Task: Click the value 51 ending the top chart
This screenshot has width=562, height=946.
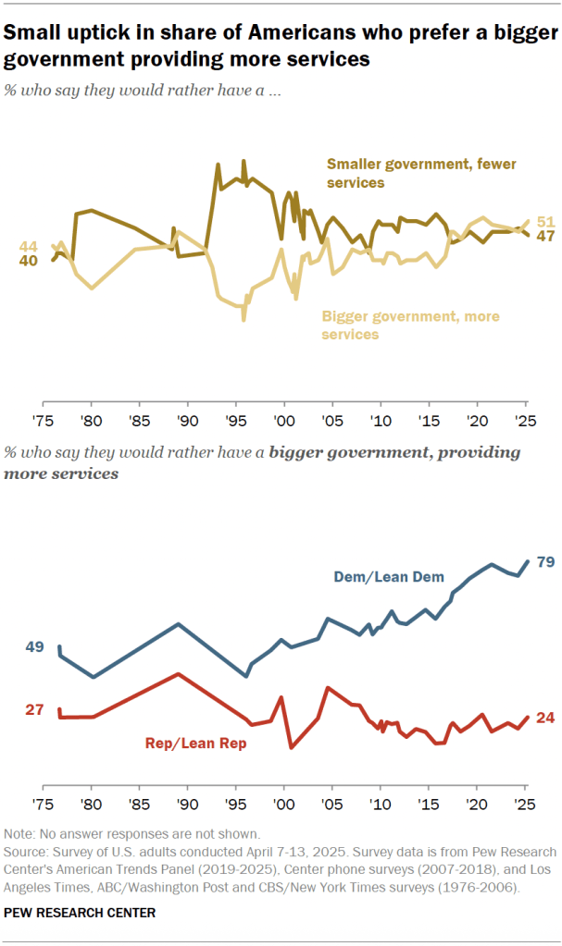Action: point(545,221)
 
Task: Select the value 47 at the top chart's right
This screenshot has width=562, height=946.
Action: point(545,236)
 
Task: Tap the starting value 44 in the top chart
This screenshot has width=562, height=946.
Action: point(29,247)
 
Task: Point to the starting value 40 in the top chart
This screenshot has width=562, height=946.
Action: point(29,261)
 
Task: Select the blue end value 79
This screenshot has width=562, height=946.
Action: point(545,561)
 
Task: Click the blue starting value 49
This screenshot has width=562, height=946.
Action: point(34,647)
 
